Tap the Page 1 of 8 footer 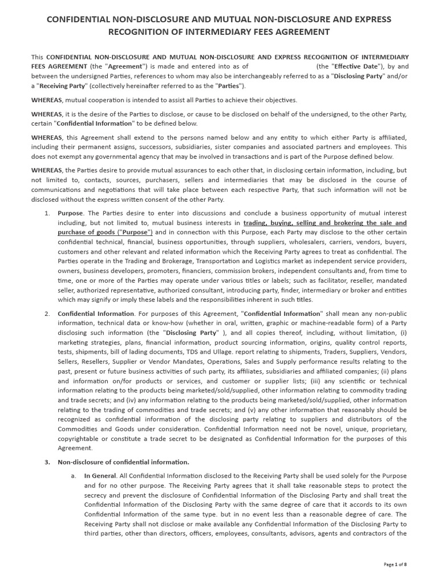(x=395, y=564)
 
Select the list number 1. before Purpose (x=47, y=213)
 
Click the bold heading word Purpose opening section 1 (x=71, y=213)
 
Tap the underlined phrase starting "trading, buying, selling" (x=325, y=223)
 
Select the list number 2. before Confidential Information (x=47, y=314)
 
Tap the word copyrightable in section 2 (x=80, y=438)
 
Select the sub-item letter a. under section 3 (x=74, y=476)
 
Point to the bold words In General (x=100, y=476)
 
